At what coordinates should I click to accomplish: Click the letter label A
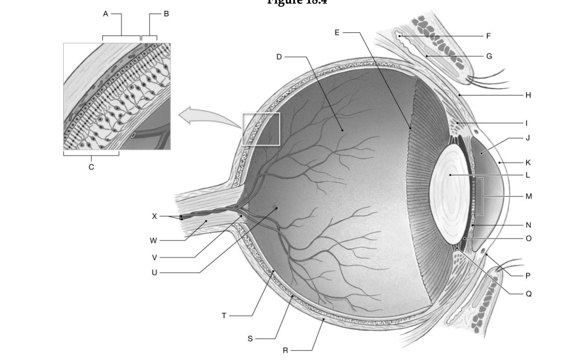point(105,14)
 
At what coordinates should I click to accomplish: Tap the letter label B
point(166,14)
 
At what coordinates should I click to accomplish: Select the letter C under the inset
point(91,167)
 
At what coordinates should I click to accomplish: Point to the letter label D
point(279,57)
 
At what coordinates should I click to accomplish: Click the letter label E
point(336,32)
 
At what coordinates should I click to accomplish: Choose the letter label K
point(528,162)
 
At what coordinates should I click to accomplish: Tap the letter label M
point(528,196)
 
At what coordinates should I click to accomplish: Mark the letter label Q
point(528,294)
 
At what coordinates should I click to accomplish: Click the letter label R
point(285,350)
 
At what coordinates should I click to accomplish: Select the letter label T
point(224,315)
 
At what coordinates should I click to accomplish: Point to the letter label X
point(154,216)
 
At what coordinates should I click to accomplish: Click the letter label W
point(154,240)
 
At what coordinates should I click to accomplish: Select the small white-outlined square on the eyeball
point(261,129)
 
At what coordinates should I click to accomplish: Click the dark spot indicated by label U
point(276,209)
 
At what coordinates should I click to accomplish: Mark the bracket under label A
point(121,36)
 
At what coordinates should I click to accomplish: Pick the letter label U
point(154,273)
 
